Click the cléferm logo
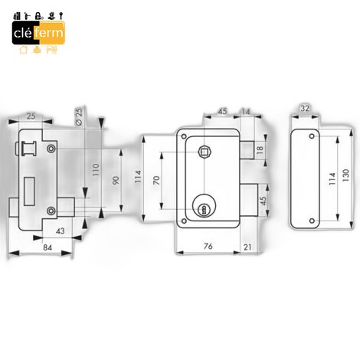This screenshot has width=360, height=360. click(x=38, y=33)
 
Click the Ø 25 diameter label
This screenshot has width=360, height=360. click(x=79, y=116)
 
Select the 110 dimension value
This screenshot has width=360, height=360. click(x=96, y=170)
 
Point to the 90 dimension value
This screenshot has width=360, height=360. click(x=116, y=181)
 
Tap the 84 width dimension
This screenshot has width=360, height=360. click(x=47, y=247)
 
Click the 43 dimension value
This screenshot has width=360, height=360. click(x=61, y=231)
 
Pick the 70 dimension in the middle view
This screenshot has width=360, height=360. click(x=156, y=180)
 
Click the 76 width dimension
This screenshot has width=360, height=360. click(x=208, y=246)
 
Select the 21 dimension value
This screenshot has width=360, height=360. click(x=247, y=247)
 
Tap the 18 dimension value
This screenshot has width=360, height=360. click(x=260, y=149)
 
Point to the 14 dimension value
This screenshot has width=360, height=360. click(x=245, y=112)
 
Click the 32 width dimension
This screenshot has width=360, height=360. click(x=305, y=108)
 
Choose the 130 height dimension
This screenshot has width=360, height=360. click(x=345, y=175)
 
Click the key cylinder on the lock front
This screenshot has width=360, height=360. click(x=204, y=206)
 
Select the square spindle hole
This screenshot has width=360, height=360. click(x=204, y=152)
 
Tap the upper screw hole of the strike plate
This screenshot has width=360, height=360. click(x=312, y=136)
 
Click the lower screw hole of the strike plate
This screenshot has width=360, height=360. click(x=312, y=221)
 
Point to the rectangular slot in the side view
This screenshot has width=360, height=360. click(x=29, y=191)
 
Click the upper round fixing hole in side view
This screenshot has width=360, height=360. click(x=51, y=149)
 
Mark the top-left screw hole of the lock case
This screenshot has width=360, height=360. click(x=184, y=136)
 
